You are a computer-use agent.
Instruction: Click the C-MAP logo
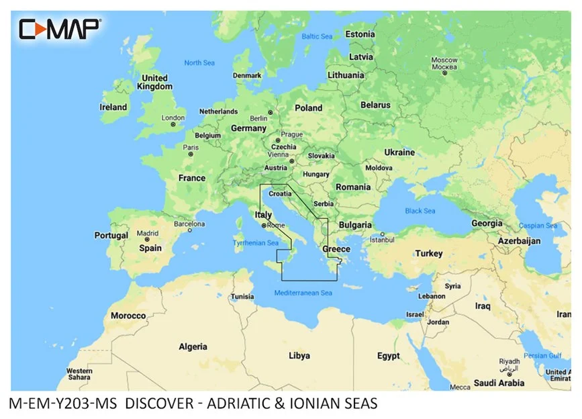(60, 29)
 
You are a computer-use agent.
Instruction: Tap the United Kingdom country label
(154, 82)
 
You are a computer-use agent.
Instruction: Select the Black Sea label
(420, 211)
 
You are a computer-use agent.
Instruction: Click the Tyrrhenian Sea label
(254, 242)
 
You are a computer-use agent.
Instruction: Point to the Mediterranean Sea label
(303, 293)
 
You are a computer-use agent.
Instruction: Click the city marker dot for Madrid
(148, 240)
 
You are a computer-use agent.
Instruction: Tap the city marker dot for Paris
(191, 154)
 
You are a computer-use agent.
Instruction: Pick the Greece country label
(336, 249)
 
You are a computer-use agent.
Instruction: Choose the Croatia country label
(280, 193)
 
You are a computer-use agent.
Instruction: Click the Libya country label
(299, 355)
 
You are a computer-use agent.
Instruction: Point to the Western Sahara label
(79, 375)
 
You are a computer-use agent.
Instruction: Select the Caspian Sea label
(541, 226)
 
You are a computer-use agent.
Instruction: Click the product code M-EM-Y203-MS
(63, 404)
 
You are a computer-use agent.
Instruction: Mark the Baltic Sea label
(317, 36)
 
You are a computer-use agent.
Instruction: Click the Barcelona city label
(189, 224)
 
